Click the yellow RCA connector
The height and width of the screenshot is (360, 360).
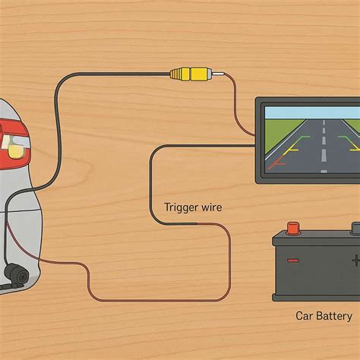pyautogui.click(x=191, y=74)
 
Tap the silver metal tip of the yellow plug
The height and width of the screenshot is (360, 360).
pyautogui.click(x=218, y=74)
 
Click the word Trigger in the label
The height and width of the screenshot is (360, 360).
pyautogui.click(x=177, y=207)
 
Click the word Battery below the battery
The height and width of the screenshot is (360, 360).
pyautogui.click(x=334, y=317)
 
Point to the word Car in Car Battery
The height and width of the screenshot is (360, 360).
pyautogui.click(x=305, y=316)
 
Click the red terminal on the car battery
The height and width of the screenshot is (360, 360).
pyautogui.click(x=293, y=229)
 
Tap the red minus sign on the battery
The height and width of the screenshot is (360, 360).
pyautogui.click(x=293, y=261)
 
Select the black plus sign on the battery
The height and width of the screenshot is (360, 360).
pyautogui.click(x=356, y=261)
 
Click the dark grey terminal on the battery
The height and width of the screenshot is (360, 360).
pyautogui.click(x=355, y=228)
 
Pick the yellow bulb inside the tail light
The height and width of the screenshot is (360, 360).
pyautogui.click(x=16, y=150)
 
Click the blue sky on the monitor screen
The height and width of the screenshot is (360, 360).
pyautogui.click(x=312, y=112)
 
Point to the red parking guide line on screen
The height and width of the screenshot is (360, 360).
pyautogui.click(x=276, y=163)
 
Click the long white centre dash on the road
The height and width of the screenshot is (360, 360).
pyautogui.click(x=324, y=155)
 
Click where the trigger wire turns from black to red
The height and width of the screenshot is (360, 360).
pyautogui.click(x=197, y=224)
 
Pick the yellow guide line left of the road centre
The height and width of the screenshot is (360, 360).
pyautogui.click(x=292, y=150)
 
